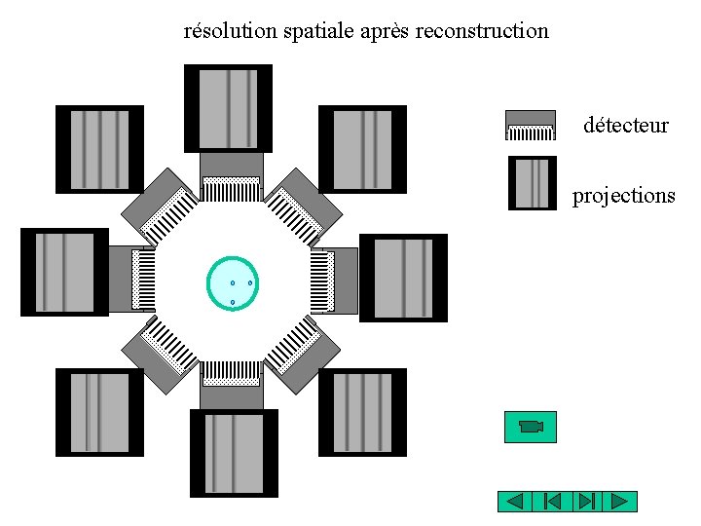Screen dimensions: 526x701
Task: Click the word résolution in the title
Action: click(x=231, y=31)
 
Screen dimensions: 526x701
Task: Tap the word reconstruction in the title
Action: click(x=482, y=31)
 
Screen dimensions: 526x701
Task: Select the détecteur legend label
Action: click(x=626, y=125)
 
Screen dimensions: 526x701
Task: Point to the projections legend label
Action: click(x=623, y=196)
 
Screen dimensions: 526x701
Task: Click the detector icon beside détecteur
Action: click(x=531, y=125)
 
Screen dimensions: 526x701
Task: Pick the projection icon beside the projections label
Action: click(x=533, y=183)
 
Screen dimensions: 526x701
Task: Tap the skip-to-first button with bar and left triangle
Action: click(x=550, y=502)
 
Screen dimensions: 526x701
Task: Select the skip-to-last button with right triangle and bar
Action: click(x=585, y=502)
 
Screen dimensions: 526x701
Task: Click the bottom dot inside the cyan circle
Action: click(x=233, y=303)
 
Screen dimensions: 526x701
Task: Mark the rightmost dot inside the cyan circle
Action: click(x=250, y=282)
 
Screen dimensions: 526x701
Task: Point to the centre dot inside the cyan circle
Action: click(x=232, y=283)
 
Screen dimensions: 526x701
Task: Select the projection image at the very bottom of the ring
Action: click(x=234, y=453)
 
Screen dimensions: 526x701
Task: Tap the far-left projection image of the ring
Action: click(x=64, y=272)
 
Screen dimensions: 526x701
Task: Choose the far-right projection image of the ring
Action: click(x=403, y=278)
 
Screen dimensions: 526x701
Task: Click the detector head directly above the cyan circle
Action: click(x=231, y=173)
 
